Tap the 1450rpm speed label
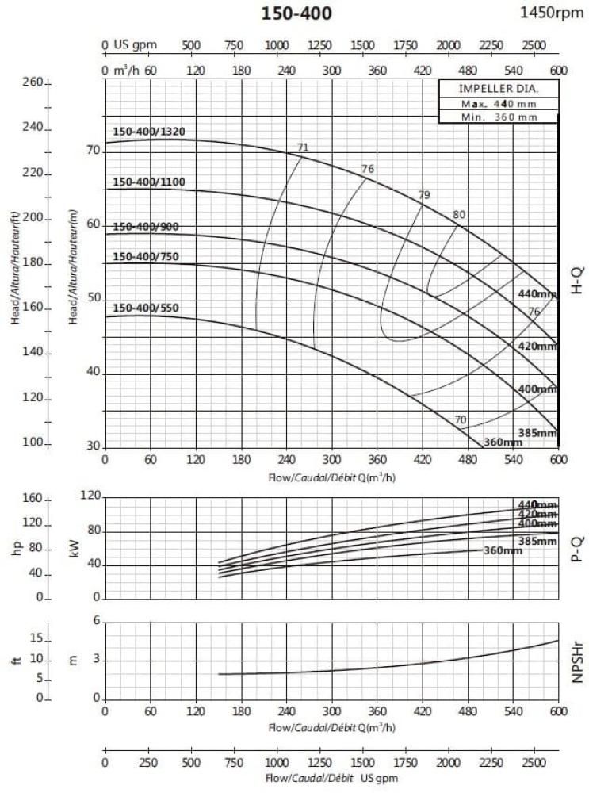(551, 12)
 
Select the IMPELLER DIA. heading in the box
(499, 88)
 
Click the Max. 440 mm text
(499, 103)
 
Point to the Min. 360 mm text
(499, 117)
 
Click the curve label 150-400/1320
(149, 132)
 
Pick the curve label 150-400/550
(146, 308)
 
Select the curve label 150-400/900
(146, 227)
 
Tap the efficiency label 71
(302, 147)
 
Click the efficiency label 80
(459, 215)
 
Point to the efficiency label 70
(461, 419)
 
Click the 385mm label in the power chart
(538, 541)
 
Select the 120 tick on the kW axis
(92, 496)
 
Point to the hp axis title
(17, 547)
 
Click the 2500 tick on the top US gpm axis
(534, 44)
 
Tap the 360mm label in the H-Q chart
(503, 442)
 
